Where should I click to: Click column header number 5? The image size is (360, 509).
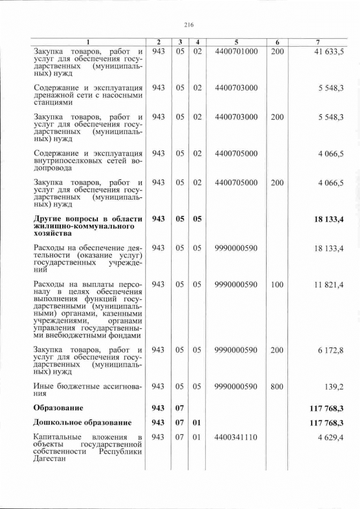(x=236, y=42)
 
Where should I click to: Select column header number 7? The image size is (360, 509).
(x=318, y=42)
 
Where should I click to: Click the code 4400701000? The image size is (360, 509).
(x=236, y=51)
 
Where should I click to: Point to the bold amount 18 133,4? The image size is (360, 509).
(x=329, y=219)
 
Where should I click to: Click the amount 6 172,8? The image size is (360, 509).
(x=332, y=350)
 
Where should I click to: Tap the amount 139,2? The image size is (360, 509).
(x=335, y=386)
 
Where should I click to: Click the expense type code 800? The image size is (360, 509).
(x=277, y=386)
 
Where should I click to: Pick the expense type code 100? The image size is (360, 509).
(x=277, y=285)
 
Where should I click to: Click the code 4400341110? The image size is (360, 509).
(x=236, y=437)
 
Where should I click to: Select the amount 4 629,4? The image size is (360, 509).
(x=332, y=437)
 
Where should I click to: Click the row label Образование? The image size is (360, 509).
(x=58, y=407)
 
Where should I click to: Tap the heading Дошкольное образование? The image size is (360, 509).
(x=82, y=422)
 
